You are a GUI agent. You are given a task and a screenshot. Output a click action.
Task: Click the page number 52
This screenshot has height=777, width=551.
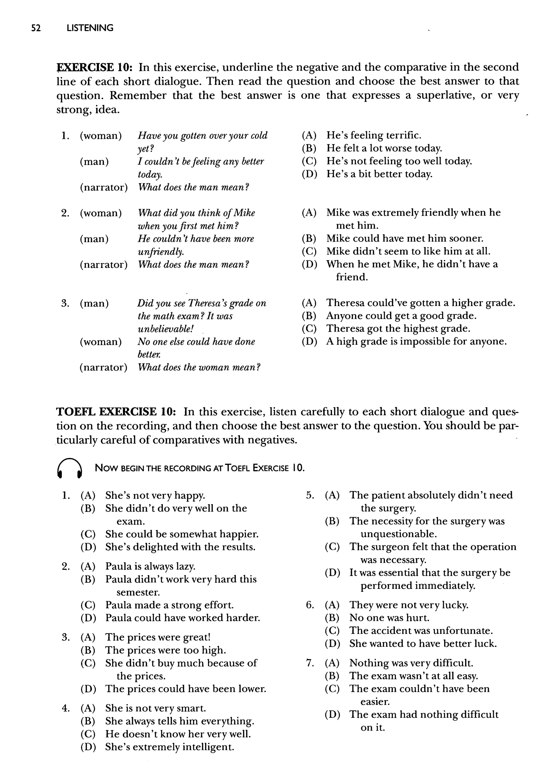coord(36,28)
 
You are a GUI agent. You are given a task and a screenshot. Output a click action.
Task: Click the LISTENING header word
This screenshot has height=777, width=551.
coord(90,28)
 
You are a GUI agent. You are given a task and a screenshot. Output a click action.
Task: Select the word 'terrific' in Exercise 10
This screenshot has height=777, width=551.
coord(402,135)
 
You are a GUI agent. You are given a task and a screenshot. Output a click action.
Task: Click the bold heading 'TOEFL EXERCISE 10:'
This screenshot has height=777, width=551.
coord(115,412)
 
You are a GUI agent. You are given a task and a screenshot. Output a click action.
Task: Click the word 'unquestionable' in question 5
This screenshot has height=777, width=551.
coord(398,534)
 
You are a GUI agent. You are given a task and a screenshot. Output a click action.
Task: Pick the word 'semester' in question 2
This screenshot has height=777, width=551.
coord(138,592)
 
